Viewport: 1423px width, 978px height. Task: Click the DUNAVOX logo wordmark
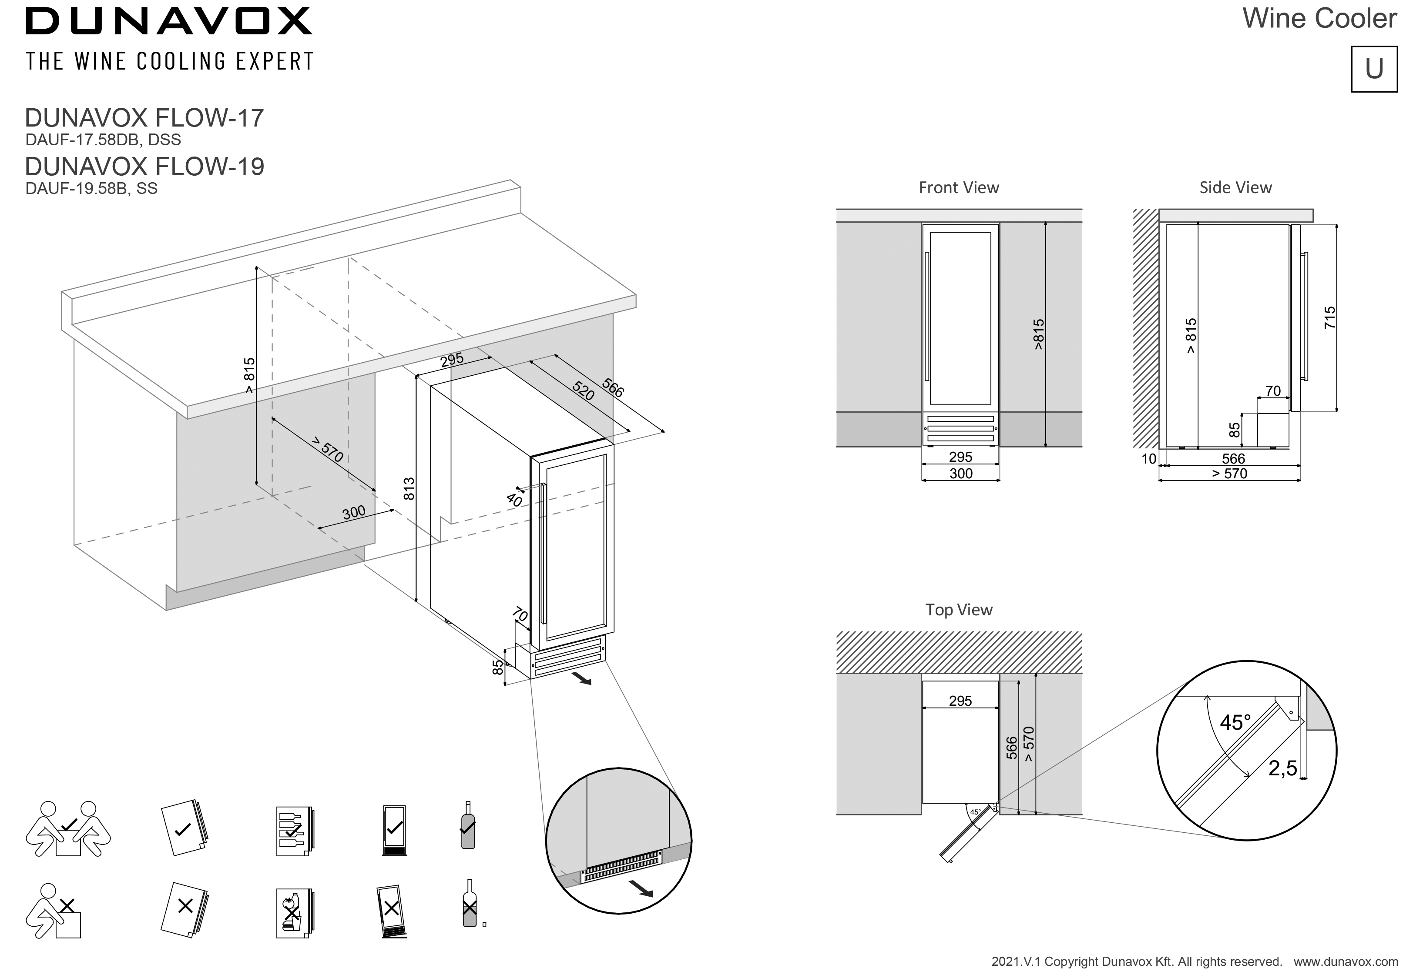point(168,21)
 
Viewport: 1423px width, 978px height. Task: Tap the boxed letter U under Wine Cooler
point(1374,69)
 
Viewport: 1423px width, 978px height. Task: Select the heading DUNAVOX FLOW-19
point(144,166)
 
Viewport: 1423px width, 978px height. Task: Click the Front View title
point(958,187)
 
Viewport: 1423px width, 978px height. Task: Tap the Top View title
point(958,610)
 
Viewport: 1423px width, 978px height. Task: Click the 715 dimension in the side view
point(1329,318)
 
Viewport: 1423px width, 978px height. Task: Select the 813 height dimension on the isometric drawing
point(409,488)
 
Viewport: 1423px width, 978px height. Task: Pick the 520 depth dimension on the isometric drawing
point(583,391)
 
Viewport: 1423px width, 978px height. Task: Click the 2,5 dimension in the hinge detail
point(1282,768)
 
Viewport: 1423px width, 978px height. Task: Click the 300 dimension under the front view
point(961,473)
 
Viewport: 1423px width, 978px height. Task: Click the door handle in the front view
point(926,316)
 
